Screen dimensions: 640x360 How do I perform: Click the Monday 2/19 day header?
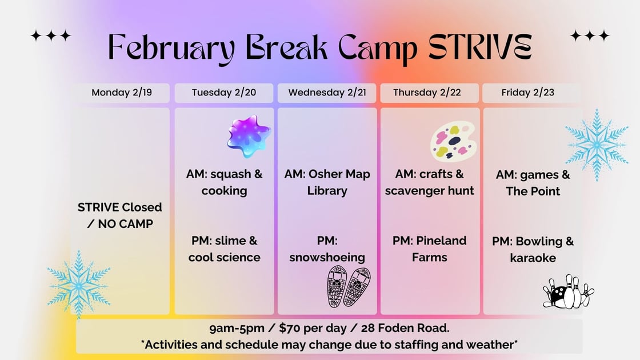click(x=122, y=93)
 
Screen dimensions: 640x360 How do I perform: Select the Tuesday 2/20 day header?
click(x=224, y=93)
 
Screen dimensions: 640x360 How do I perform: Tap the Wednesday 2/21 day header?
click(x=327, y=93)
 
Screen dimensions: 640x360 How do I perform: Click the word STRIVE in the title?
click(x=480, y=46)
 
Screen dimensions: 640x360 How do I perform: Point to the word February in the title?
click(x=172, y=49)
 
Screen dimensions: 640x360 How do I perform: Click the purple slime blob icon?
click(x=249, y=136)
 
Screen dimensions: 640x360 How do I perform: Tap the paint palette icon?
click(x=453, y=141)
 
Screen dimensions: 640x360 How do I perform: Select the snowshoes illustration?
click(x=349, y=286)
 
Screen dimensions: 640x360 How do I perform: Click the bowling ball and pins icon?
click(x=568, y=291)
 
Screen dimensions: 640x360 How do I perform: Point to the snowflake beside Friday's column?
click(x=597, y=145)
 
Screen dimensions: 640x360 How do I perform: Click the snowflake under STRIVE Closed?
click(x=78, y=285)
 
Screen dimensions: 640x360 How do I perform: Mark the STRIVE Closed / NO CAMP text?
click(x=120, y=215)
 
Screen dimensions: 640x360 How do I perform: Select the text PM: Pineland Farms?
click(x=429, y=249)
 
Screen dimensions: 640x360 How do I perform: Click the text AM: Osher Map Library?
click(x=327, y=182)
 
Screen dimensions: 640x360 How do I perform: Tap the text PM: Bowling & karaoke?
click(x=533, y=249)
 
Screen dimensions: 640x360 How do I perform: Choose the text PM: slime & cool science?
click(x=224, y=249)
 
